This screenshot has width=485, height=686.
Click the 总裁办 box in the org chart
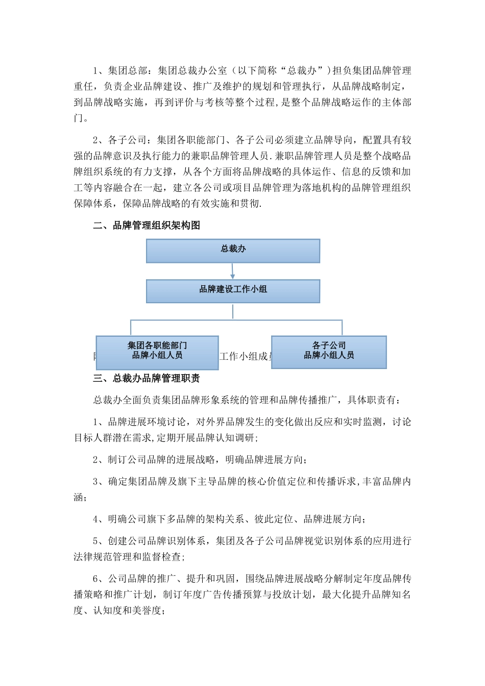click(233, 251)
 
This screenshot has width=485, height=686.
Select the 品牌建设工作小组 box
click(233, 291)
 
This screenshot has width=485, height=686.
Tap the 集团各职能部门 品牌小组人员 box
click(157, 352)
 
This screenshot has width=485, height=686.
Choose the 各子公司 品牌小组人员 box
click(329, 352)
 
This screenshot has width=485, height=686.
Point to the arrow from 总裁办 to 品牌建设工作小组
click(233, 271)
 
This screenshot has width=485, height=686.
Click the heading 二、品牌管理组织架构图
click(147, 226)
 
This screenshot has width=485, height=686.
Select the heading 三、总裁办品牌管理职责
click(147, 378)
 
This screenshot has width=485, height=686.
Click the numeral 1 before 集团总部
click(95, 70)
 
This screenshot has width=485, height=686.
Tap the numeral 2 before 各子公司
click(95, 140)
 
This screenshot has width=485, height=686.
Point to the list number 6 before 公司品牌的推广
click(95, 579)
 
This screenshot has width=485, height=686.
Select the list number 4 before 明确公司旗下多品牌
click(95, 519)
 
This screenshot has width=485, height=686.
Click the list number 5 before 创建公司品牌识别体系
click(95, 541)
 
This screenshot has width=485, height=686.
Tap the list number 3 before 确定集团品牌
click(95, 481)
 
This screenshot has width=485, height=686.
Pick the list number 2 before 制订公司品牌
click(95, 459)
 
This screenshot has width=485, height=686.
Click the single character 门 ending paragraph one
click(78, 118)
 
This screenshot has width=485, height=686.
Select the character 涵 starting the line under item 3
click(78, 497)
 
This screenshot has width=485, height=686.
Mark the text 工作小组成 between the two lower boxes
click(245, 356)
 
